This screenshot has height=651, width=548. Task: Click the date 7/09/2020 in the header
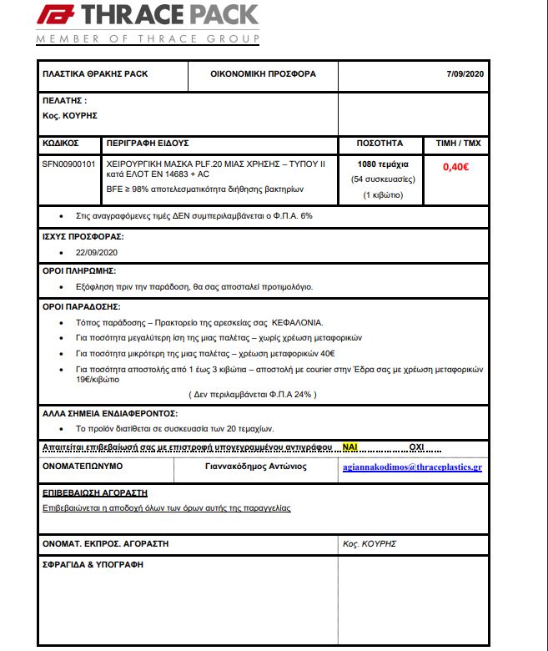click(x=465, y=74)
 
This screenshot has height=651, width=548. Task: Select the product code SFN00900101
click(x=68, y=165)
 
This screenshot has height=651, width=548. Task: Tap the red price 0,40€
click(x=455, y=166)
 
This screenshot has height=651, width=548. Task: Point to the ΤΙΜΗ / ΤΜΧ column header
click(x=458, y=144)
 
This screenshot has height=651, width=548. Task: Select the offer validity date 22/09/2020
click(x=97, y=252)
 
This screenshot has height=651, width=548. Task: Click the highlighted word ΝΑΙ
click(x=350, y=447)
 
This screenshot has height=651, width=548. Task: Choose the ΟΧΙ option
click(x=417, y=447)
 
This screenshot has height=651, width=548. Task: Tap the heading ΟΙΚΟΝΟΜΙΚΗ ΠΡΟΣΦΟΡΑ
click(x=264, y=74)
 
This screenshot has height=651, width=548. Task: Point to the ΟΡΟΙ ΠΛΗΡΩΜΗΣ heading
click(x=79, y=271)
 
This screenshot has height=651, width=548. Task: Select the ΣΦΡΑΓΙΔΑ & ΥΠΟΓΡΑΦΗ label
click(x=93, y=564)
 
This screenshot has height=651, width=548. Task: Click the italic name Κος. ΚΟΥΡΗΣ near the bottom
click(x=369, y=543)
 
